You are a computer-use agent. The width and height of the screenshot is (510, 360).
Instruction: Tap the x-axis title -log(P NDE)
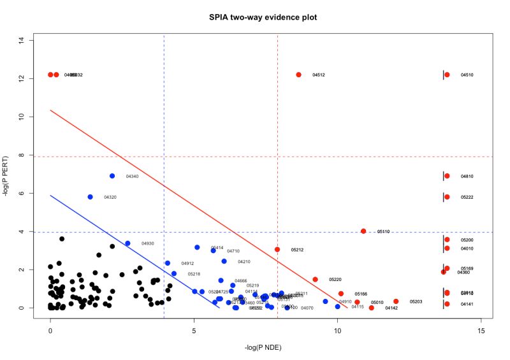click(x=265, y=348)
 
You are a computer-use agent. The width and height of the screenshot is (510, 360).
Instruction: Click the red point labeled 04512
click(x=298, y=75)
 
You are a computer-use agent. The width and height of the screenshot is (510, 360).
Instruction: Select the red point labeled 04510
click(x=447, y=75)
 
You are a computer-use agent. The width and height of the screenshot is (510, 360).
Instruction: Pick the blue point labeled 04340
click(x=112, y=176)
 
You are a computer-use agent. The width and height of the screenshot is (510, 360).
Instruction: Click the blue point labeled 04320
click(x=91, y=197)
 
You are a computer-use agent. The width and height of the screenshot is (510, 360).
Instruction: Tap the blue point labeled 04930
click(x=127, y=243)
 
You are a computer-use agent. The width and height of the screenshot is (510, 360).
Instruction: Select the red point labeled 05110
click(x=363, y=231)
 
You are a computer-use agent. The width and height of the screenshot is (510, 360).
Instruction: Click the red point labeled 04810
click(x=447, y=176)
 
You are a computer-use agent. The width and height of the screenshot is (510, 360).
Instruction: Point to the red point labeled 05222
click(x=447, y=197)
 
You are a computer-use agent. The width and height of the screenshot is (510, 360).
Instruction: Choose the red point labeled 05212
click(x=277, y=249)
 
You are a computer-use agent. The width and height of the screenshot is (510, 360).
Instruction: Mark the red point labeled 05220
click(x=315, y=279)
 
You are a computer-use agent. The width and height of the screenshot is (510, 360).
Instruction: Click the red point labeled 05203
click(x=396, y=301)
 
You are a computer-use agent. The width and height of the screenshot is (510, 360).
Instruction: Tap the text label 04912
click(x=187, y=263)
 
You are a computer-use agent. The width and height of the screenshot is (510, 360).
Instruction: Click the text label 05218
click(x=194, y=274)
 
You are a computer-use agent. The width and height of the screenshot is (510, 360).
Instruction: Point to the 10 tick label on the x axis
click(x=337, y=331)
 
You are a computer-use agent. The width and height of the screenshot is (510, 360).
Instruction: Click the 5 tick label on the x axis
click(x=194, y=331)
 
